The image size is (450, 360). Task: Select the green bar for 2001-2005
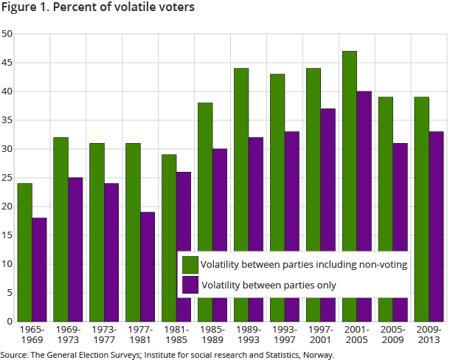[350, 148]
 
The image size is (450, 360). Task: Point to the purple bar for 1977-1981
[147, 266]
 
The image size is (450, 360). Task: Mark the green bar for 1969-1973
[60, 229]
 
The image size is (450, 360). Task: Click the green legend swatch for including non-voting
[190, 264]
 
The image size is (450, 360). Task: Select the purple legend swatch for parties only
[190, 285]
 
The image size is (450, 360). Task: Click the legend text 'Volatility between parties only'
[269, 285]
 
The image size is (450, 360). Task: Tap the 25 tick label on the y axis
[7, 178]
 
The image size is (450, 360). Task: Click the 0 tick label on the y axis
[9, 322]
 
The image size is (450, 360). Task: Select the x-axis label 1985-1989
[212, 334]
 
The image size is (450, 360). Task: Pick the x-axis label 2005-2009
[392, 334]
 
